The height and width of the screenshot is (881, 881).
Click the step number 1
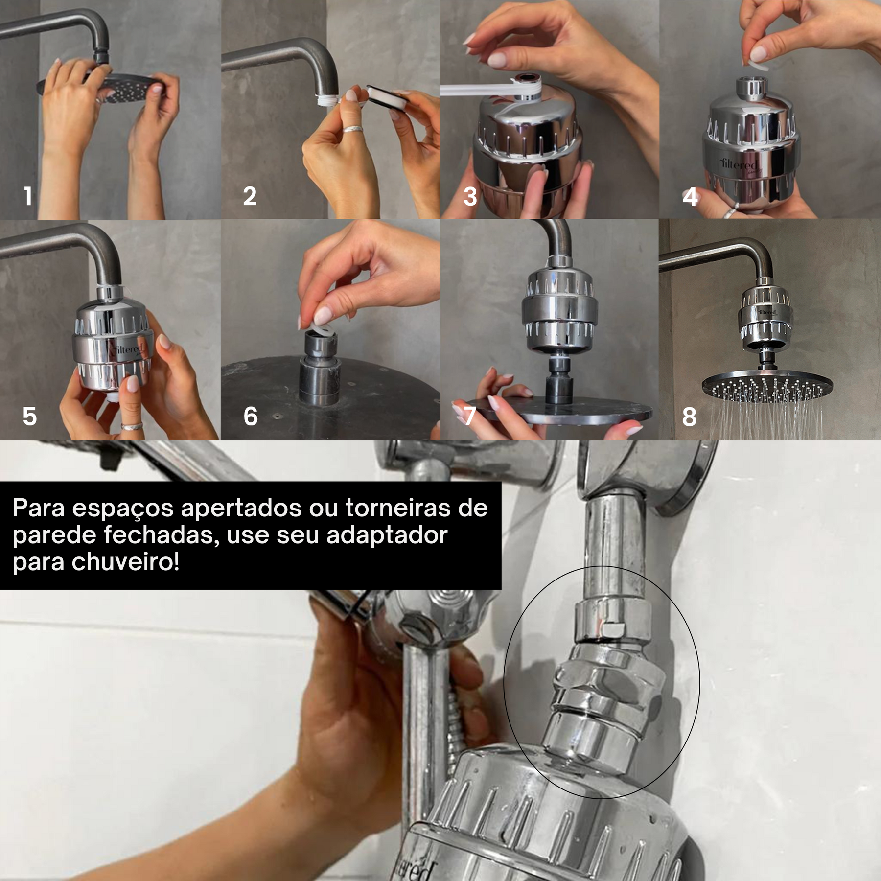(28, 197)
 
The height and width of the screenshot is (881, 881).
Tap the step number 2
(250, 197)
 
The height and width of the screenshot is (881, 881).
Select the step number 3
(470, 197)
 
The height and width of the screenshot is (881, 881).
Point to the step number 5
(29, 417)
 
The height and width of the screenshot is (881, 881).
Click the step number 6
(251, 417)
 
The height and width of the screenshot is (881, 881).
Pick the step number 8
(689, 417)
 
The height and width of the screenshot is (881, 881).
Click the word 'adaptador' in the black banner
(387, 535)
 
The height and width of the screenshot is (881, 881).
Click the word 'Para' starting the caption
(38, 508)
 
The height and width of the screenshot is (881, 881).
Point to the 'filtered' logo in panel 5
(128, 349)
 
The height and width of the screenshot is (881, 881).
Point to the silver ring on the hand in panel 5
(132, 426)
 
